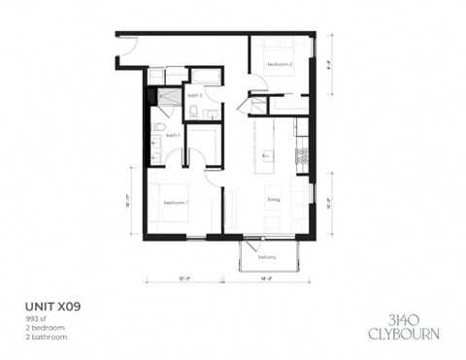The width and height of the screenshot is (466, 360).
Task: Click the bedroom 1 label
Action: point(176,202)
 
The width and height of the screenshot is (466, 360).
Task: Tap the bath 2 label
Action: point(194,96)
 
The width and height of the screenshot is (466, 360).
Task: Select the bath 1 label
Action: point(173,136)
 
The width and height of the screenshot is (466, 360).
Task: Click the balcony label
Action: point(267,257)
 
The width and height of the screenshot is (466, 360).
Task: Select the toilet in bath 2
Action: point(194,113)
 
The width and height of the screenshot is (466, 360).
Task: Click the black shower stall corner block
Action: point(151,96)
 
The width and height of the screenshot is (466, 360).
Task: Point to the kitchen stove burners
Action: point(302,154)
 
